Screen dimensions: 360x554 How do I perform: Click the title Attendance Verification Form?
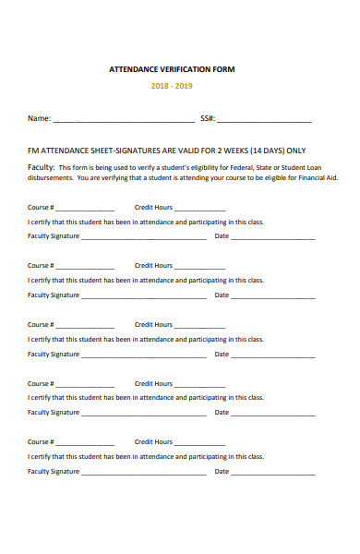(173, 69)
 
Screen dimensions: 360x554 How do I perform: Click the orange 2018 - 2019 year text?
(173, 87)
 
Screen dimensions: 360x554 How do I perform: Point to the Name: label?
(39, 118)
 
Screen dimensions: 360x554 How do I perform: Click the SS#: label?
(208, 118)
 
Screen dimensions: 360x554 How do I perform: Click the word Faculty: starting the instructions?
(42, 166)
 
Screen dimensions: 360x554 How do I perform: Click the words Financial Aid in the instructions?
(317, 177)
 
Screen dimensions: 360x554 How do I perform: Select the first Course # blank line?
(85, 210)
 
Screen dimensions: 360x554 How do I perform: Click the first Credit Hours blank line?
(199, 210)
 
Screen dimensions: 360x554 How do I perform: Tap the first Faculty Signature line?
(144, 238)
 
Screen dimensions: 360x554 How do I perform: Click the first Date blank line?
(273, 238)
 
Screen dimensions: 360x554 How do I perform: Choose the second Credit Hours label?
(153, 266)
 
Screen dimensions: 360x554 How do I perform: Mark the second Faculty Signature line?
(144, 297)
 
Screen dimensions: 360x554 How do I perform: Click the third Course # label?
(41, 325)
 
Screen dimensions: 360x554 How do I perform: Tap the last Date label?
(222, 471)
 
